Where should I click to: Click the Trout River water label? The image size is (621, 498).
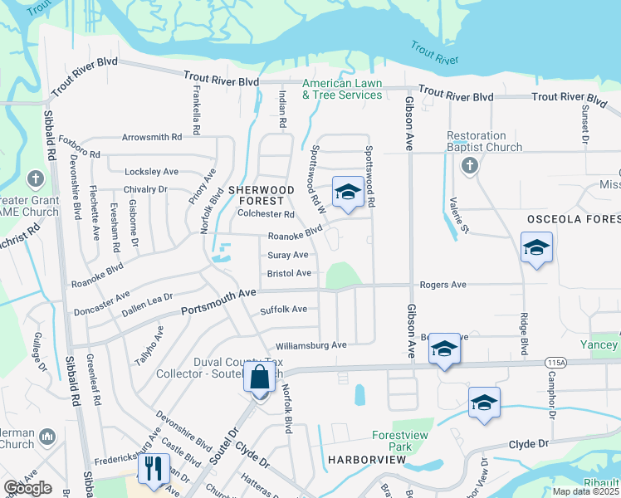tap(434, 53)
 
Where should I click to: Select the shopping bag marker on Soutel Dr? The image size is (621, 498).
tap(260, 377)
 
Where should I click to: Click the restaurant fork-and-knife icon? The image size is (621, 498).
tap(154, 469)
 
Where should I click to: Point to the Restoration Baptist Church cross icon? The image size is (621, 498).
tap(468, 165)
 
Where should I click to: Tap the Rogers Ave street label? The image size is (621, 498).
tap(443, 285)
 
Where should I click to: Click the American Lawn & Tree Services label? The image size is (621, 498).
tap(342, 89)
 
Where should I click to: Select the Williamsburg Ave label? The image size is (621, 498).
tap(311, 344)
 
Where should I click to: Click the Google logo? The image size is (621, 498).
tap(28, 488)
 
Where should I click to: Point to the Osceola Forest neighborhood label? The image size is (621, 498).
tap(573, 218)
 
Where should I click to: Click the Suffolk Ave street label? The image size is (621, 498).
tap(283, 310)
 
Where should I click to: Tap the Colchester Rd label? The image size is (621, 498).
tap(266, 213)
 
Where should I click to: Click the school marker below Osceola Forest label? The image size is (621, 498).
tap(536, 247)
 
